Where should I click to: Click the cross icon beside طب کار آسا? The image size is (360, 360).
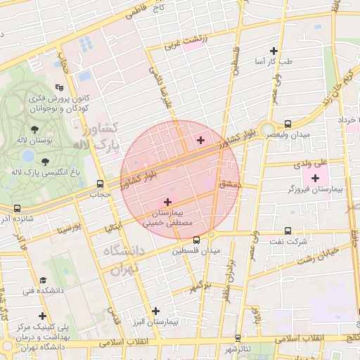pyautogui.click(x=274, y=51)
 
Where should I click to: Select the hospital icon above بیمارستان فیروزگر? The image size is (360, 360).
pyautogui.click(x=315, y=177)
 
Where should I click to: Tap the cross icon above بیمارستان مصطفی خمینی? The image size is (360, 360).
pyautogui.click(x=167, y=201)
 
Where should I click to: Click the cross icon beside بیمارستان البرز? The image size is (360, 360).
pyautogui.click(x=155, y=310)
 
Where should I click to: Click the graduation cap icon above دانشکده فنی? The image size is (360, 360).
pyautogui.click(x=43, y=279)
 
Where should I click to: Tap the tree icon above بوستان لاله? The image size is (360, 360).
pyautogui.click(x=35, y=129)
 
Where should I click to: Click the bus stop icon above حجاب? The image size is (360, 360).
pyautogui.click(x=99, y=184)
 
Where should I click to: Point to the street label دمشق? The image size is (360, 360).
pyautogui.click(x=230, y=183)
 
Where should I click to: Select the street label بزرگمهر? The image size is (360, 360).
pyautogui.click(x=200, y=285)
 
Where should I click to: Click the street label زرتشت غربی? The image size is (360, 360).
pyautogui.click(x=186, y=41)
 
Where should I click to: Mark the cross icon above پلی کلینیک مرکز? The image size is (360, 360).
pyautogui.click(x=43, y=316)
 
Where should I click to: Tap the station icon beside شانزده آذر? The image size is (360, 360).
pyautogui.click(x=17, y=208)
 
